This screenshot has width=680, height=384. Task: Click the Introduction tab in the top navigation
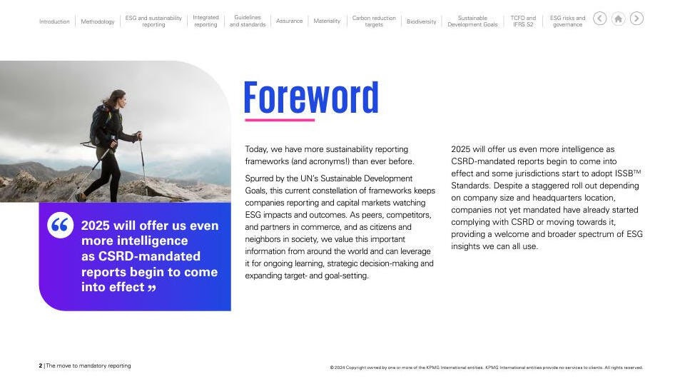(54, 21)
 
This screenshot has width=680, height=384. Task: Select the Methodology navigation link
(98, 21)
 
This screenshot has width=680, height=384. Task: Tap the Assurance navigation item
(289, 21)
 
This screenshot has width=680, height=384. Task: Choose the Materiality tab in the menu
(327, 21)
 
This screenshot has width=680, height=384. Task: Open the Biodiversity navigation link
(421, 21)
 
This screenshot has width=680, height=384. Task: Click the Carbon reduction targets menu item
(374, 21)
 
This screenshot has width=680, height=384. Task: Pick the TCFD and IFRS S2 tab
(523, 21)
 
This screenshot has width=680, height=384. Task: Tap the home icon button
(618, 19)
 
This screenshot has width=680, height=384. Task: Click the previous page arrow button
(600, 19)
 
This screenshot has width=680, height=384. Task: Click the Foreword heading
(311, 98)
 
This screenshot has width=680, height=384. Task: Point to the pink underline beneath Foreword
(280, 120)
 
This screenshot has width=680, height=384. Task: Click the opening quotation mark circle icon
(60, 225)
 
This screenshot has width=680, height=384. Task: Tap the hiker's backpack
(98, 126)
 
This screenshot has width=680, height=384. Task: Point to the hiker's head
(118, 99)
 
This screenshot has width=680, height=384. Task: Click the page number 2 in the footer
(41, 365)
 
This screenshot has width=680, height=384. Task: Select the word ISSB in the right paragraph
(624, 173)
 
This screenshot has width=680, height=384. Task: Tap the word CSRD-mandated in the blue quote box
(149, 256)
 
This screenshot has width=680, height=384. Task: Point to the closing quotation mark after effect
(152, 288)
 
